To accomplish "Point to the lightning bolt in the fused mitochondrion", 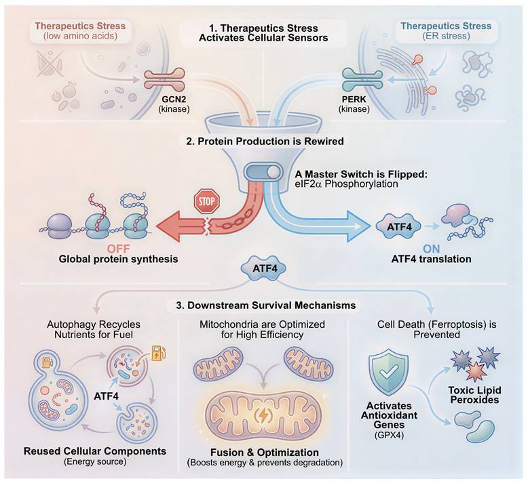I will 263,414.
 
